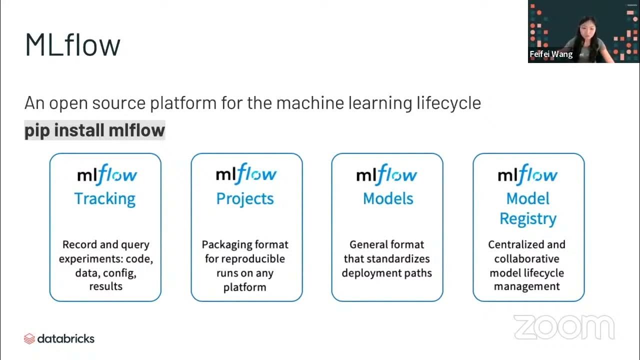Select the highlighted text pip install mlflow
point(94,130)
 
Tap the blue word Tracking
point(105,198)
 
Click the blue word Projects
point(245,198)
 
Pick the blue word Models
point(388,198)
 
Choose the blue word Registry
point(528,219)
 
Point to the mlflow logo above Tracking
point(106,175)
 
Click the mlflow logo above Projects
point(245,174)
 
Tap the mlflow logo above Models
point(386,175)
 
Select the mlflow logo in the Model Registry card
point(527,175)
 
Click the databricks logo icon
point(29,339)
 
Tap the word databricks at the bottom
point(66,338)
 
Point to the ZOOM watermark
point(563,327)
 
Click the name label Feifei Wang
point(551,54)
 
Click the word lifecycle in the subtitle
point(448,103)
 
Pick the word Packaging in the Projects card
point(226,245)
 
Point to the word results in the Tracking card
point(105,286)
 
